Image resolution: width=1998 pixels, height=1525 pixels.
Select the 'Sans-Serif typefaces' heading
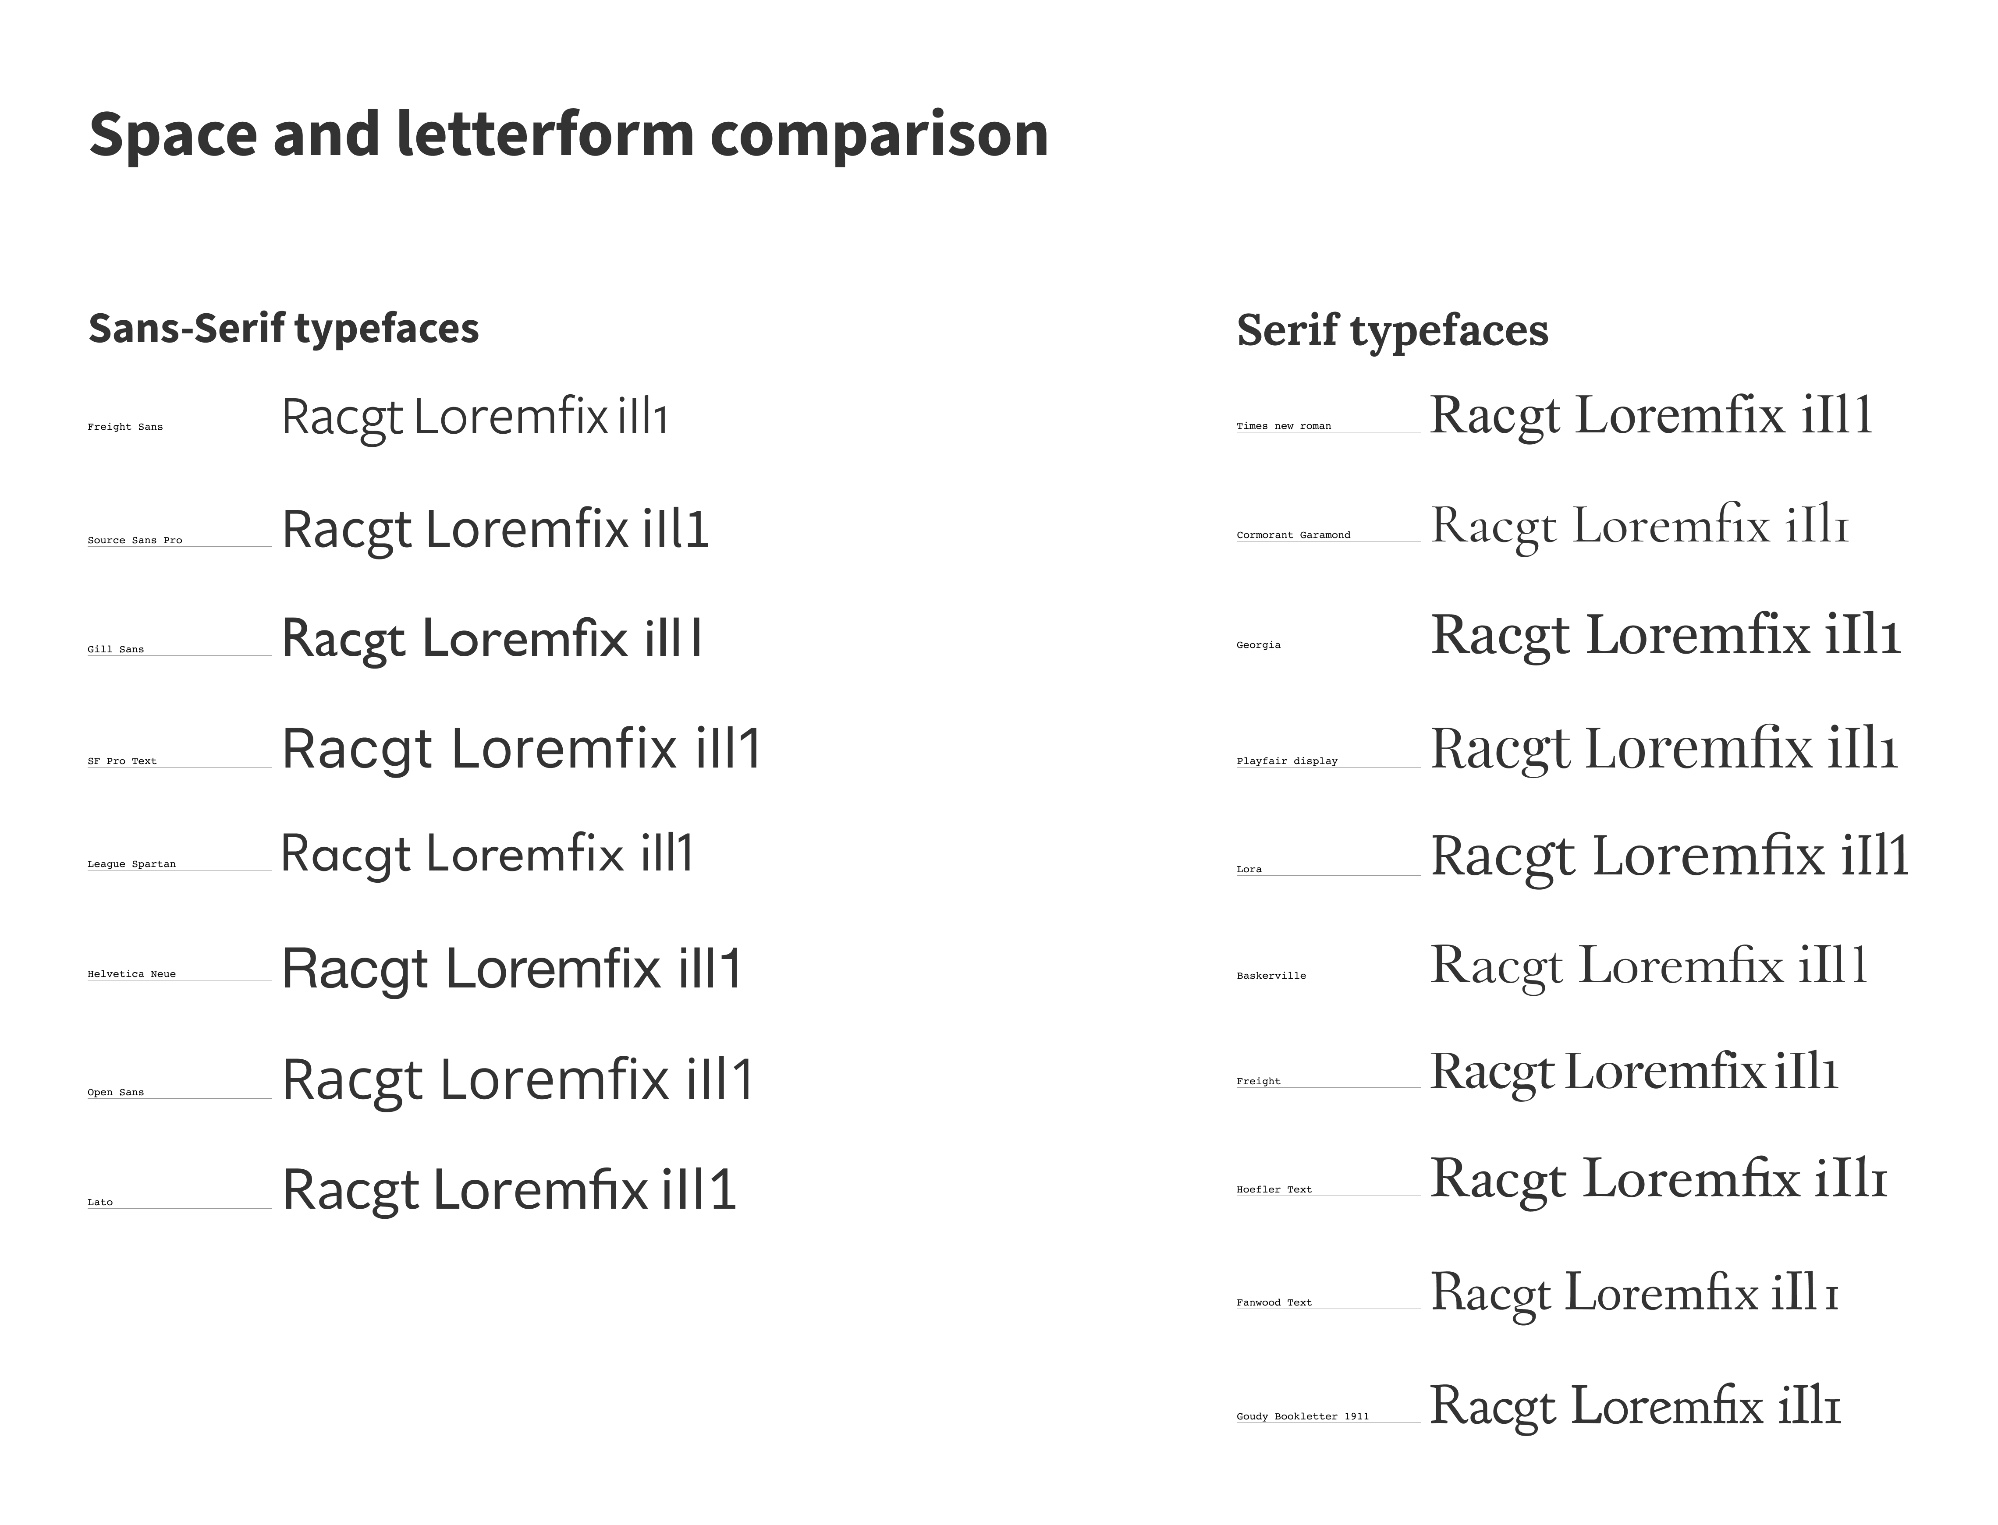284,329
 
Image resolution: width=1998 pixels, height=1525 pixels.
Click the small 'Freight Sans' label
125,427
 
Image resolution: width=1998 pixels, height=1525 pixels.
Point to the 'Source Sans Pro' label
135,540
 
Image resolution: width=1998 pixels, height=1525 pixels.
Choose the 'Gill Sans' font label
115,649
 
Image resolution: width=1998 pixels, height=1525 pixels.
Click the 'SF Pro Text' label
122,761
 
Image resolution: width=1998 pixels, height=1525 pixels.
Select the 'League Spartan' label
131,864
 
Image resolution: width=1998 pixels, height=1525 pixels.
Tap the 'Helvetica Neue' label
131,974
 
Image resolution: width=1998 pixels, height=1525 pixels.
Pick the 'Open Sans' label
115,1092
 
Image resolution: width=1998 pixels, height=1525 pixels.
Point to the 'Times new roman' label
1283,426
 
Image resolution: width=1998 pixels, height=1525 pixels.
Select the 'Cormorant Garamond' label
1293,534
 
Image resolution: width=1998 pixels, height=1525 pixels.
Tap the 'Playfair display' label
1287,761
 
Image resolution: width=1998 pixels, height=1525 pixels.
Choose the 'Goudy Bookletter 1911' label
1302,1416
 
